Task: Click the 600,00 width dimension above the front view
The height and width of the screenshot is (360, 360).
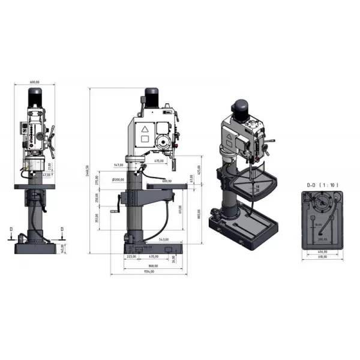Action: (x=34, y=82)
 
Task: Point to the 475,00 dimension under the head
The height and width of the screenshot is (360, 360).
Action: (x=159, y=161)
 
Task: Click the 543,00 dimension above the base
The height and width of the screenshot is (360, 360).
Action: (x=163, y=240)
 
